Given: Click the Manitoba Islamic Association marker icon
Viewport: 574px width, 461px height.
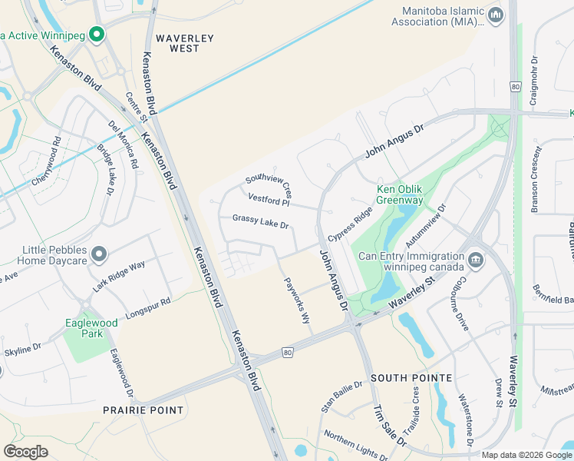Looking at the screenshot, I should point(496,15).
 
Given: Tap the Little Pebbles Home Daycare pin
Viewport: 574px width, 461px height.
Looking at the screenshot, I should point(98,254).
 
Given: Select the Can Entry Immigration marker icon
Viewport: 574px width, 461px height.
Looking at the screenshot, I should point(476,260).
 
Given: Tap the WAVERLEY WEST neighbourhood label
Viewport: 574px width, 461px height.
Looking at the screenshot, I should point(177,43).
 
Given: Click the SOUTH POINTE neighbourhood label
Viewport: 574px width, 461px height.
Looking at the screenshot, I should point(411,379).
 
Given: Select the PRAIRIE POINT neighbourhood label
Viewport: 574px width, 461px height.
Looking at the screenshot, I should point(143,410).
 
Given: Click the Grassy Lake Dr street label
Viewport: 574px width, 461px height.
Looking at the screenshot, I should point(260,222).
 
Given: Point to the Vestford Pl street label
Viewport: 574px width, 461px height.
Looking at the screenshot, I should point(269,200).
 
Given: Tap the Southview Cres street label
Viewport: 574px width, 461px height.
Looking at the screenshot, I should point(269,184).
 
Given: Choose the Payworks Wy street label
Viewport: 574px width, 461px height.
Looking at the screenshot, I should point(297,300).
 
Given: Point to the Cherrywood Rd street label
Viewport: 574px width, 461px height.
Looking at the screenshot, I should point(45,161).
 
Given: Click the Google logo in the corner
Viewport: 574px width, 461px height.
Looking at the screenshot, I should point(25,452).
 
